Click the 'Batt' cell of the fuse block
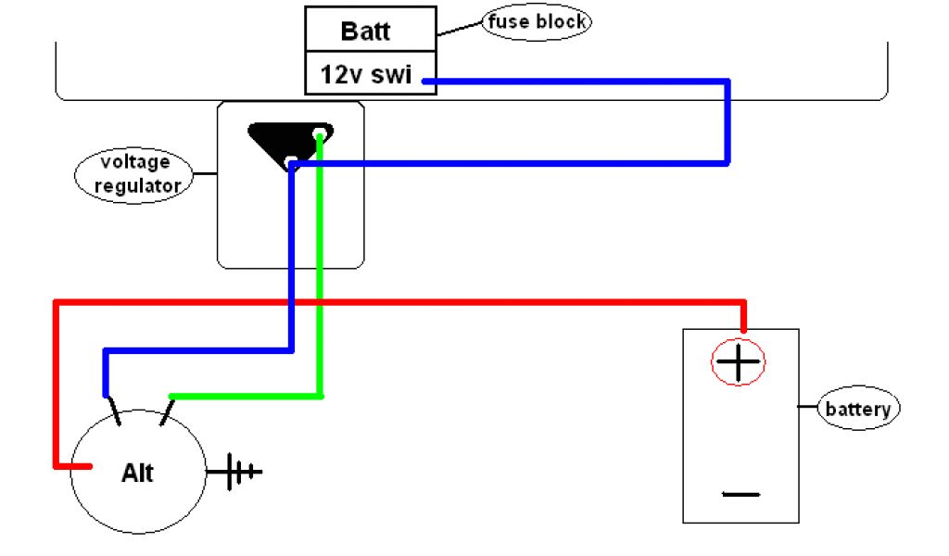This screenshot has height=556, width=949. (x=371, y=29)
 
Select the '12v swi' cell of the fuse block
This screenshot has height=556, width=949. (x=371, y=72)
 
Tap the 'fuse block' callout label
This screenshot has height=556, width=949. (x=537, y=22)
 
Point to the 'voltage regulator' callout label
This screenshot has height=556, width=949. (x=134, y=175)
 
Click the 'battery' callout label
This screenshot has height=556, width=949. (x=858, y=409)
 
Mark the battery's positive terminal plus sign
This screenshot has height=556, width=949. (x=738, y=361)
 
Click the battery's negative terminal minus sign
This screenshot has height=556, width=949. (x=740, y=494)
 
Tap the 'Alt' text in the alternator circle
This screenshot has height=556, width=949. (x=137, y=473)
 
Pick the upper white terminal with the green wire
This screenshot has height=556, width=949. (x=320, y=133)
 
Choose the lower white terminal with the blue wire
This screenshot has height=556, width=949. (x=291, y=162)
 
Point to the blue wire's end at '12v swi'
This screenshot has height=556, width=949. (x=424, y=81)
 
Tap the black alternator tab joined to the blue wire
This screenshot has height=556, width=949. (x=113, y=411)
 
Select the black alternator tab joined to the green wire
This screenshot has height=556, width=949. (x=167, y=411)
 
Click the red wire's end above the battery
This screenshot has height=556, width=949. (x=744, y=329)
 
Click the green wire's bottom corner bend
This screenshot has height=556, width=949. (x=320, y=397)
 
